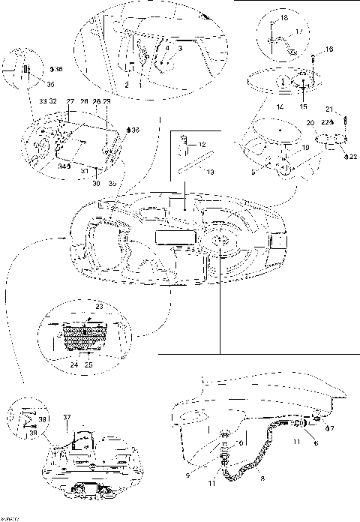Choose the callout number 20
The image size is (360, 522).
tap(309, 123)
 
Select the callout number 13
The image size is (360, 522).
tap(211, 172)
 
